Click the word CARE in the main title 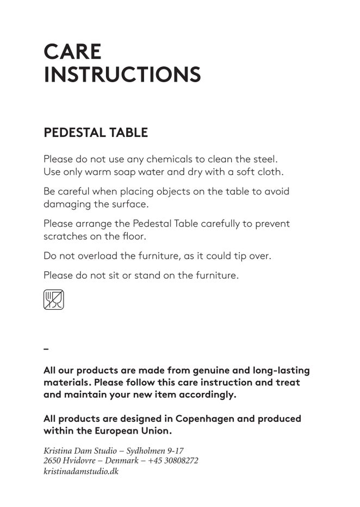(x=72, y=52)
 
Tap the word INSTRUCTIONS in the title (x=122, y=75)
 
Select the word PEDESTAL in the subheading (x=74, y=133)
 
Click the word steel (x=265, y=160)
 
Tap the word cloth (x=270, y=172)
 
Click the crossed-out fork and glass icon (x=53, y=299)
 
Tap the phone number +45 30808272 (x=172, y=461)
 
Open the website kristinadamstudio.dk (x=81, y=471)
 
